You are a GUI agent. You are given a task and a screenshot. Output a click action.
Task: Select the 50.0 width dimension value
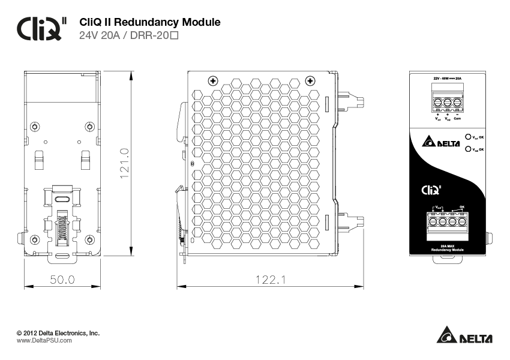pos(62,280)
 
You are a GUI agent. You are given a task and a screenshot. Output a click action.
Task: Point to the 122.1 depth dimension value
pos(271,280)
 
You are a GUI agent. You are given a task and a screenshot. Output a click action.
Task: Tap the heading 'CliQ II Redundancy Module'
pos(150,23)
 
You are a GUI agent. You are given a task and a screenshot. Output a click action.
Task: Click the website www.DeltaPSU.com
pos(44,340)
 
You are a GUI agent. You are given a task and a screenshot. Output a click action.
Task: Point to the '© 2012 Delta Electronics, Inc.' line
pos(58,332)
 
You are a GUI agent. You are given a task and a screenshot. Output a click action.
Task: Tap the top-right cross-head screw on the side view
pos(310,80)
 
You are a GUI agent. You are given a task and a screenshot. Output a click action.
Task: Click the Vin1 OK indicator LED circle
pos(468,137)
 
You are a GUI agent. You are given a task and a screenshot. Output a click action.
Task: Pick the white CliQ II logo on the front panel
pos(432,190)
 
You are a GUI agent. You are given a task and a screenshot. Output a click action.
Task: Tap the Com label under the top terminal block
pos(457,119)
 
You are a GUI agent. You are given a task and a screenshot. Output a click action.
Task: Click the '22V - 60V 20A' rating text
pos(447,79)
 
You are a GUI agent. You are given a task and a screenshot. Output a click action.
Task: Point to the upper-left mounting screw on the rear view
pos(35,126)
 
